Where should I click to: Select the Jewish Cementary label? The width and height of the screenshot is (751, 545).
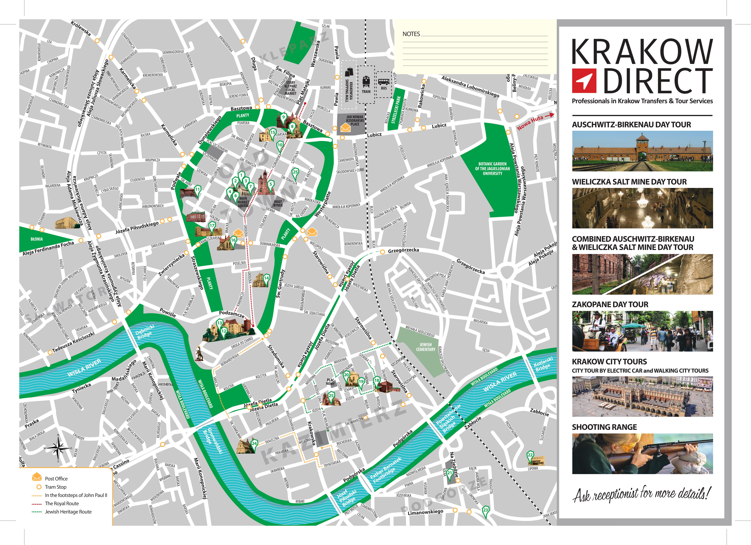[x=425, y=347]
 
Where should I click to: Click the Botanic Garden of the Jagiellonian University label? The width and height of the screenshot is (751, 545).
[x=492, y=168]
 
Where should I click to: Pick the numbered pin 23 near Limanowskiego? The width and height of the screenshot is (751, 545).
[x=485, y=510]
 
